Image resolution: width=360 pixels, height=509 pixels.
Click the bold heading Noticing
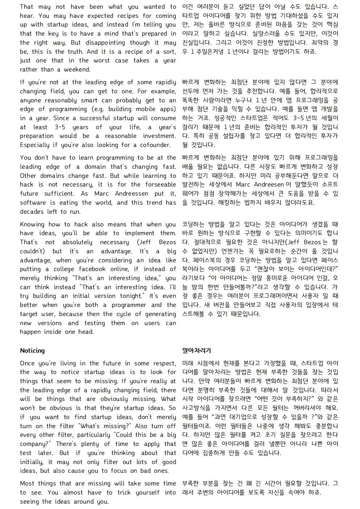tap(32, 350)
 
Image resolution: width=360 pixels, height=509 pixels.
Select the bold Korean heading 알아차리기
tap(196, 350)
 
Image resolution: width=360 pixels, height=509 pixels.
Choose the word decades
tap(32, 212)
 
